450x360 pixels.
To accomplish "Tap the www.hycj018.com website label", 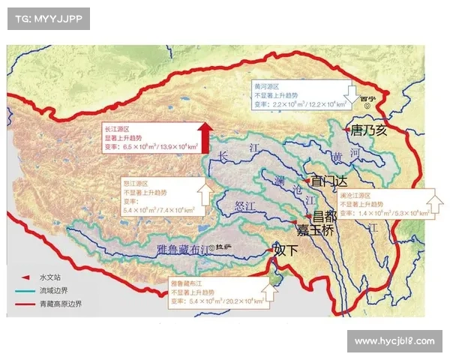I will point(394,341).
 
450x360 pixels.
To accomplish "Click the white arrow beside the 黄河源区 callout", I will point(350,92).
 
